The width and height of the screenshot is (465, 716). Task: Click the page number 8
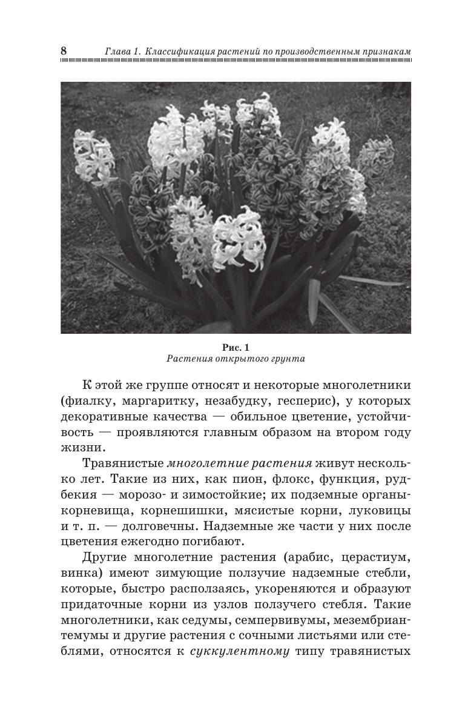64,51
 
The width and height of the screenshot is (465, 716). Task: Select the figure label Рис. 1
236,348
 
